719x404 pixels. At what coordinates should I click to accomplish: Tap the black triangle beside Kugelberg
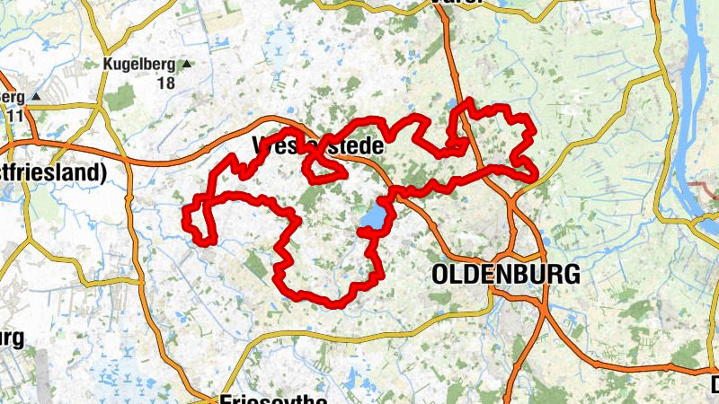pos(187,65)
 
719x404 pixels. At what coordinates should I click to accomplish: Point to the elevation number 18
pos(164,83)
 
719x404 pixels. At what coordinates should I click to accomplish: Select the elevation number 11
pos(13,115)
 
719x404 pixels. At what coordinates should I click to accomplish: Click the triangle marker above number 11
pos(36,96)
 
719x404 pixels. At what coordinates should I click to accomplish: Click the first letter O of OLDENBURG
pos(441,275)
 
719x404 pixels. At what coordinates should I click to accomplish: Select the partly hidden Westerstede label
pos(318,145)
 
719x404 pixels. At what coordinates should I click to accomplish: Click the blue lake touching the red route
pos(373,218)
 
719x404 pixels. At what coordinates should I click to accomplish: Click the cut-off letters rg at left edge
pos(11,338)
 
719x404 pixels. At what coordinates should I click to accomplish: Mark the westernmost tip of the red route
pos(185,215)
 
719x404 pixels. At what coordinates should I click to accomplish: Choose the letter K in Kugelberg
pos(109,65)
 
